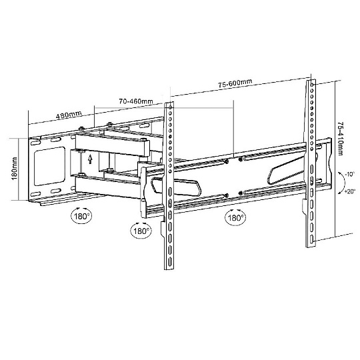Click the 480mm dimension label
tap(69, 115)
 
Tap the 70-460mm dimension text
tap(136, 101)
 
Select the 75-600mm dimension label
tap(235, 83)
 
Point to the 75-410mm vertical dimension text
tap(341, 139)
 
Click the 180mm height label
tap(14, 169)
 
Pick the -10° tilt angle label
tap(350, 174)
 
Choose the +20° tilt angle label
tap(350, 191)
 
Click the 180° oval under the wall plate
tap(81, 215)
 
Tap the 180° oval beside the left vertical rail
tap(141, 230)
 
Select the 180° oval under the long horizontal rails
tap(235, 217)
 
